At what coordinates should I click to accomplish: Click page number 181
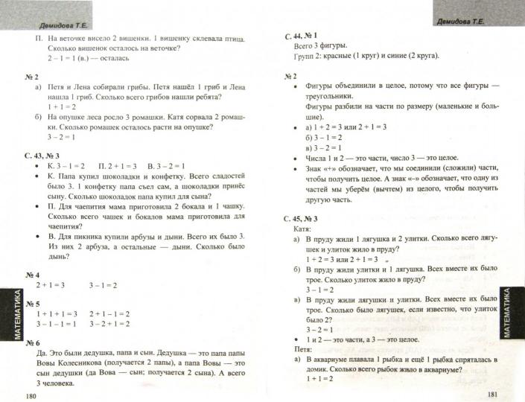491,394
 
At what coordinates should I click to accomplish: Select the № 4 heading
33,275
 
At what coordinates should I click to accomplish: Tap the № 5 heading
33,304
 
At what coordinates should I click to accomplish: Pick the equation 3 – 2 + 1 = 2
109,325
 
